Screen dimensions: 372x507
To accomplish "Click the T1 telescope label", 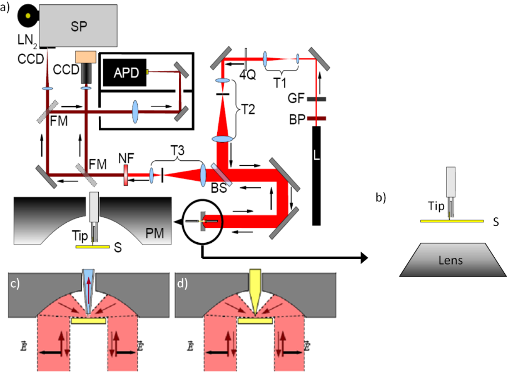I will [x=282, y=80].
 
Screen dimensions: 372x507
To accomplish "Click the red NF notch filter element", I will [x=126, y=177].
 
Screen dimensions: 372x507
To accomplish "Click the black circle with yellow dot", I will [x=27, y=17].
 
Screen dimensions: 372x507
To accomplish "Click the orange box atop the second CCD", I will [x=86, y=57].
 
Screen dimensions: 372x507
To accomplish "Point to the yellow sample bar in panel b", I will [x=450, y=221].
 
